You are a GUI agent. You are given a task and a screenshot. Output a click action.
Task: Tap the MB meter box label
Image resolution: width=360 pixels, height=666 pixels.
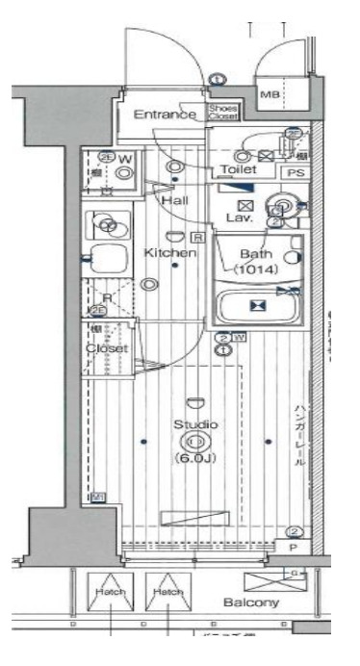(x=271, y=94)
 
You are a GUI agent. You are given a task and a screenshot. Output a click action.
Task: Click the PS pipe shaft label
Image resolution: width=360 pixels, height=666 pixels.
(x=294, y=173)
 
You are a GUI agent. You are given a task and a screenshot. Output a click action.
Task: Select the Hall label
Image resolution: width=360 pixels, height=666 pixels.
(x=174, y=200)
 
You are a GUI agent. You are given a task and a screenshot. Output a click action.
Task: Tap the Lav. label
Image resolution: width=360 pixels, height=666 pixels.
(x=240, y=218)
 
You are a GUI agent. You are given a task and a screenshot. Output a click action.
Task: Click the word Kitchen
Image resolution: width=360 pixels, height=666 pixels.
(x=171, y=253)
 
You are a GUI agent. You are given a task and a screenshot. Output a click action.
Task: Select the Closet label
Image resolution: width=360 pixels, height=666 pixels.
(x=107, y=347)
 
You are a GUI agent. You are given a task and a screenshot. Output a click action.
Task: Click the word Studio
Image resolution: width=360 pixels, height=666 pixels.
(x=195, y=424)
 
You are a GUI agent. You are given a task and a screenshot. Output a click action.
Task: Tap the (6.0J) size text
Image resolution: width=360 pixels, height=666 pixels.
(x=195, y=458)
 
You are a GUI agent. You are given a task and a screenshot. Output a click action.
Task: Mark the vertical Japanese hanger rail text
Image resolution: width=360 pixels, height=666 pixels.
(x=300, y=435)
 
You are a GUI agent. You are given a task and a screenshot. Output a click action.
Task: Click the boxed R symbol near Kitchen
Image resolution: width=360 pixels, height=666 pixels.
(x=195, y=237)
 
